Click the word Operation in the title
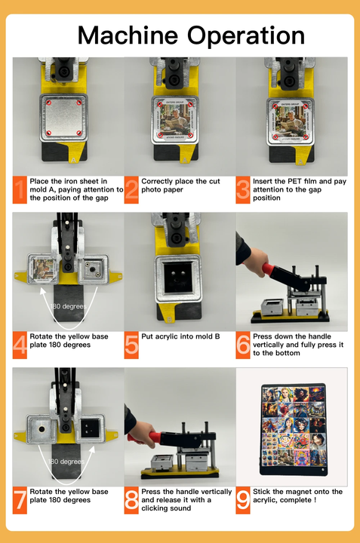coord(245,35)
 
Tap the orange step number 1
coord(19,189)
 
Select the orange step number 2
coord(132,189)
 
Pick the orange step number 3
coord(243,189)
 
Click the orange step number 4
coord(20,344)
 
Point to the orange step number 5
coord(132,344)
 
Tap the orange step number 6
coord(243,344)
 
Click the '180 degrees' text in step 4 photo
coord(68,307)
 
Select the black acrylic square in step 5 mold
coord(178,276)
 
